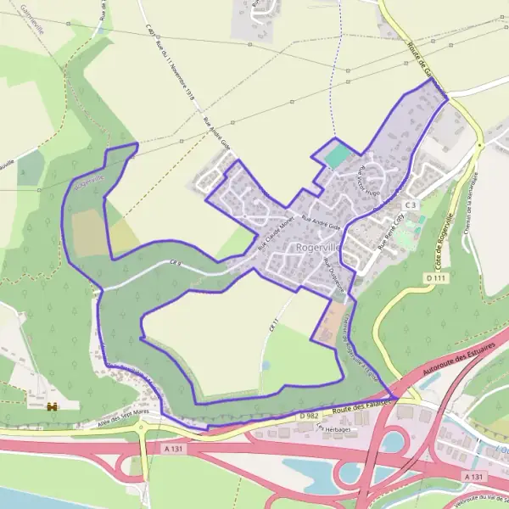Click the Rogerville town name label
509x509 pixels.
coord(318,247)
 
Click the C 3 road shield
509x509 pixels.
coord(411,204)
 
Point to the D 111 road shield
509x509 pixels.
coord(435,277)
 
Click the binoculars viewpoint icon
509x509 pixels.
coord(53,406)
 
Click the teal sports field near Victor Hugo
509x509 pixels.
coord(338,156)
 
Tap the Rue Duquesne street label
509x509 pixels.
coord(333,276)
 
